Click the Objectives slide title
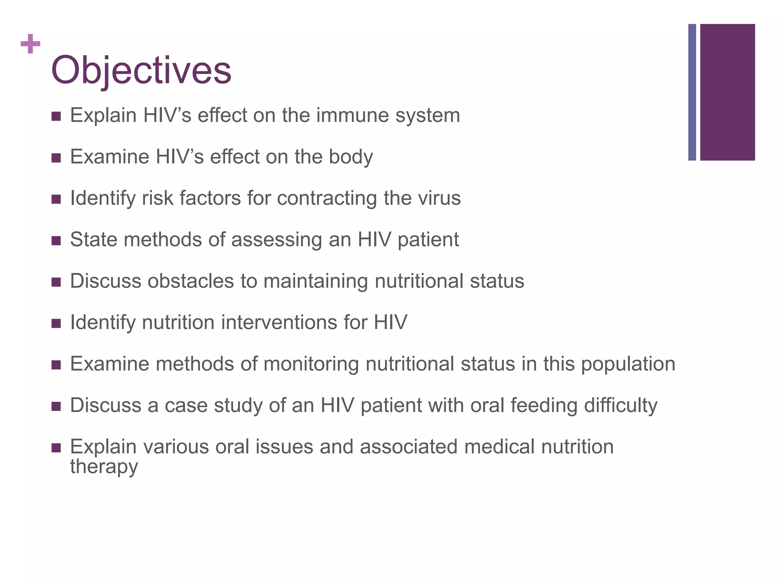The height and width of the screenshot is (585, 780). click(x=141, y=70)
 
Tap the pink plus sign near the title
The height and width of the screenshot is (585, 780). click(x=30, y=44)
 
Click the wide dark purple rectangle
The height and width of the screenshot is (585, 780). click(x=727, y=92)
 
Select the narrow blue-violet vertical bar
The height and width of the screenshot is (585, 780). click(x=692, y=92)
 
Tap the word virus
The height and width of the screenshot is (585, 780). click(x=438, y=198)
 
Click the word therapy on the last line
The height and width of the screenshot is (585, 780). click(x=104, y=467)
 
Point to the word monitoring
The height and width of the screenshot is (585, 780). click(x=311, y=364)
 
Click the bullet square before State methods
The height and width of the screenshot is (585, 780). click(x=56, y=241)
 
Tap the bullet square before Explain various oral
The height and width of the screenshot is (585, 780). click(x=56, y=448)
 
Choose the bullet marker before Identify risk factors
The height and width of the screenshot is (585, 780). click(x=56, y=199)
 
